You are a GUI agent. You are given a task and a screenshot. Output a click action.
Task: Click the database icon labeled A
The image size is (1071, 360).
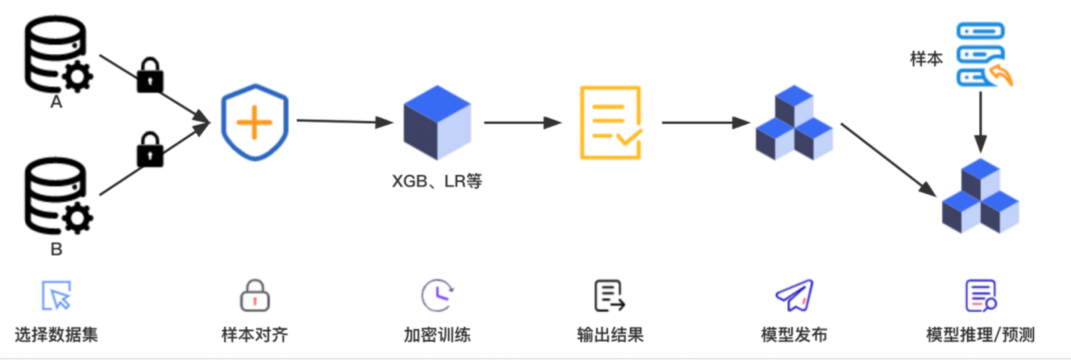57,55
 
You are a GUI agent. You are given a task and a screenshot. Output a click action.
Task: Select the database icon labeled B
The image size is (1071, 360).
57,195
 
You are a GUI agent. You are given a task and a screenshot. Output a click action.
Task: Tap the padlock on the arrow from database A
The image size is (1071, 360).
150,75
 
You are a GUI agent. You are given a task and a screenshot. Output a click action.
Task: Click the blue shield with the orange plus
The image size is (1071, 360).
254,122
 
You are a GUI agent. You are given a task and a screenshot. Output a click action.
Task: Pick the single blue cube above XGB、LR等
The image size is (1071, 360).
437,122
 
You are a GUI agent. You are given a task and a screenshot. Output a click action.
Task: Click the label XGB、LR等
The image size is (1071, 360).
436,181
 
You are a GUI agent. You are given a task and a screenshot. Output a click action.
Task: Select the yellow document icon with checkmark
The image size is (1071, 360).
610,122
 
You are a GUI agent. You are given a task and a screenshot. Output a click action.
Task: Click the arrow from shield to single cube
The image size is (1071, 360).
344,121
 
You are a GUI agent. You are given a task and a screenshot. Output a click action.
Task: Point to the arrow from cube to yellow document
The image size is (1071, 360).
522,122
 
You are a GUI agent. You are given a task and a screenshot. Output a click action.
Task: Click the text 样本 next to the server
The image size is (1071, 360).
926,59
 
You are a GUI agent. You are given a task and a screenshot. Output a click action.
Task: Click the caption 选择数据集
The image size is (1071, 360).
56,335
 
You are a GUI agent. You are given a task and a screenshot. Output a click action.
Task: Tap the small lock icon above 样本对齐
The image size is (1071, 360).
254,296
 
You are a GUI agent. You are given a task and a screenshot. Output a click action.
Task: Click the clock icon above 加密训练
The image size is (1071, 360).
437,295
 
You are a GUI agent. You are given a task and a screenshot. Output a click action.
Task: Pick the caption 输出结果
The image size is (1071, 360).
610,335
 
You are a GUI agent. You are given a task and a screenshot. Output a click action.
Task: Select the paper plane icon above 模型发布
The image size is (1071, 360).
795,295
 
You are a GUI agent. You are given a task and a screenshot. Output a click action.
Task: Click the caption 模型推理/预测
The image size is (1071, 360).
980,335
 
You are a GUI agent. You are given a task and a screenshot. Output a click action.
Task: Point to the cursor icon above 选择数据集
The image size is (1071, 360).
56,296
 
